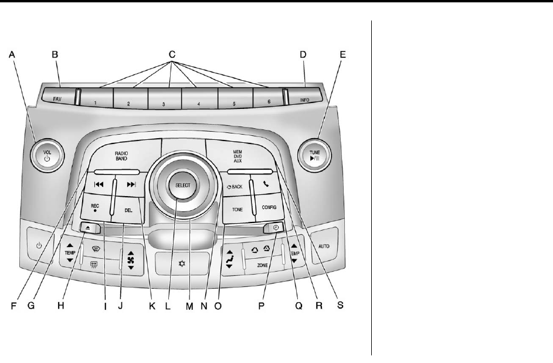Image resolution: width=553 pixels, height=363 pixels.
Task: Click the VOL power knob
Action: [x=48, y=155]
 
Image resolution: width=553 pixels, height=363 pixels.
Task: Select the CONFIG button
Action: [x=269, y=207]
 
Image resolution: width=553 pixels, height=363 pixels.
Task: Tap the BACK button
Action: [x=234, y=187]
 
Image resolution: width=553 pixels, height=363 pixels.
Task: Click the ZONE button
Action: [x=262, y=265]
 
